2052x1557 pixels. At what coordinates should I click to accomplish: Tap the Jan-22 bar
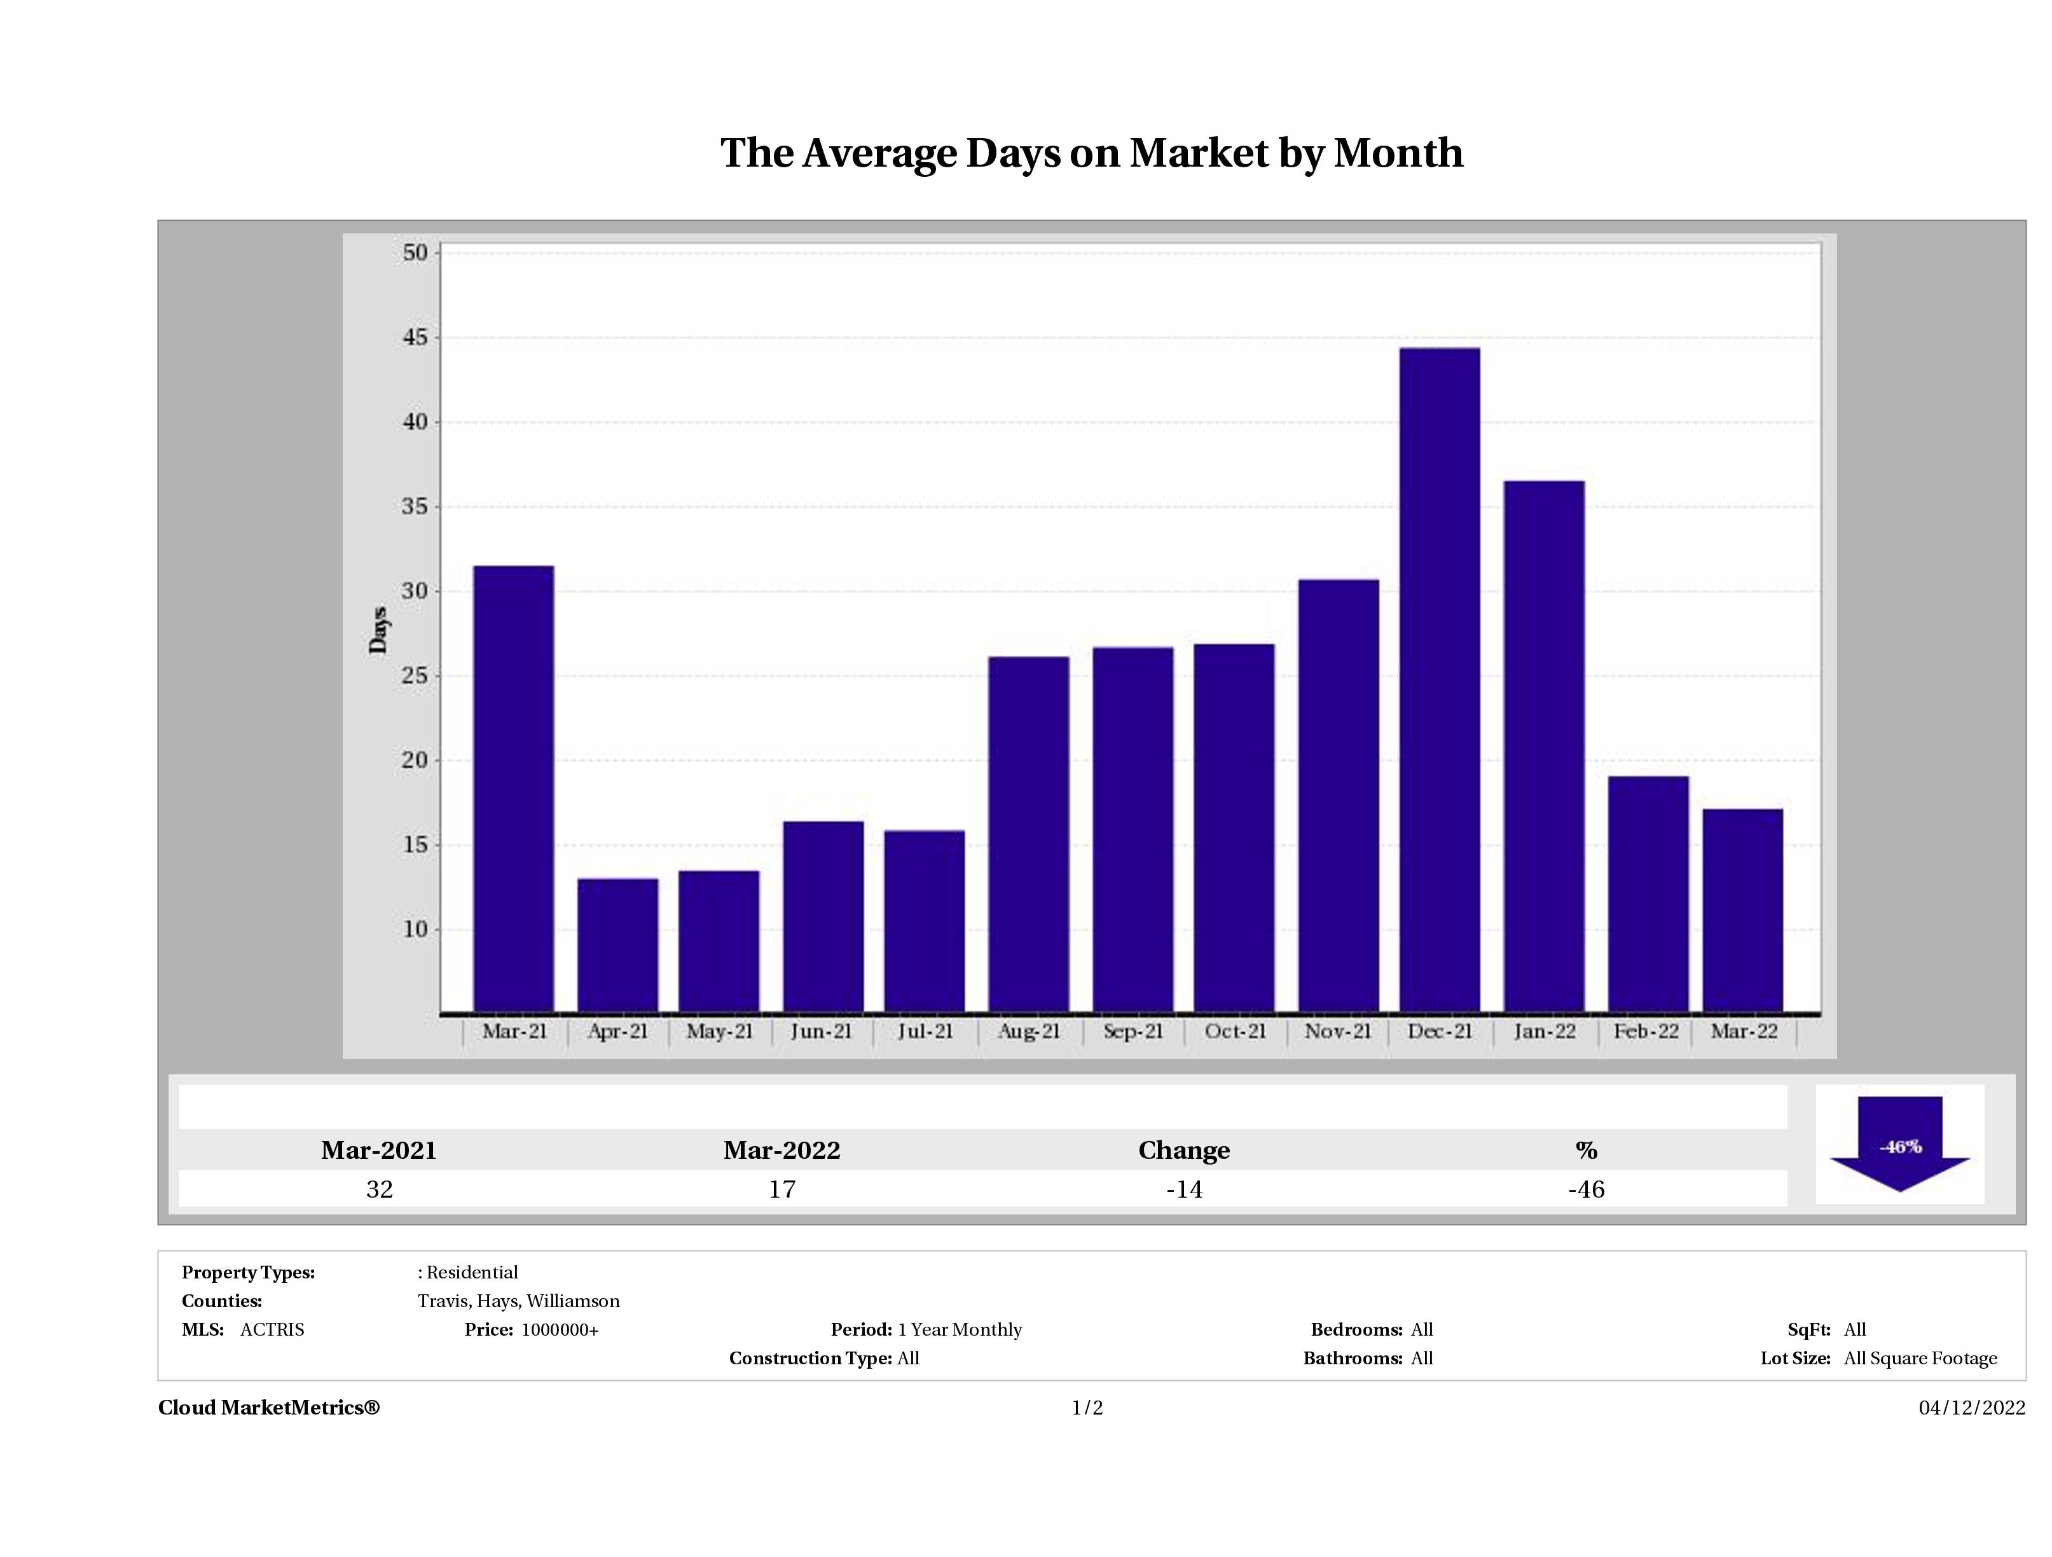tap(1545, 746)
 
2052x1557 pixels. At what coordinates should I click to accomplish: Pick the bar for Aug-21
tap(1029, 834)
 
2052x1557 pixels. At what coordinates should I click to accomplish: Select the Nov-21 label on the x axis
tap(1338, 1032)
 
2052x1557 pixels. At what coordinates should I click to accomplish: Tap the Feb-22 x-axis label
tap(1646, 1032)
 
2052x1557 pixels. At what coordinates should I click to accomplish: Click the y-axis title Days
tap(378, 630)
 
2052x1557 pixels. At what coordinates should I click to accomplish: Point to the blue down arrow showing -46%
tap(1900, 1145)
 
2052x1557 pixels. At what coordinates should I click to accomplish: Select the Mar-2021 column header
tap(378, 1151)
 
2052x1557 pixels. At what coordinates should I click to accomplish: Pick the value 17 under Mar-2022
tap(782, 1189)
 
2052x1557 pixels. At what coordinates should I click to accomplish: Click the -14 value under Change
tap(1184, 1189)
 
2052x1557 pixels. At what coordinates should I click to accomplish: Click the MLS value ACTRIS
tap(272, 1330)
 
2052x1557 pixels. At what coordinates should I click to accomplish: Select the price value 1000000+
tap(560, 1330)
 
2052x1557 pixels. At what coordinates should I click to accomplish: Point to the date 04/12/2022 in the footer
tap(1971, 1408)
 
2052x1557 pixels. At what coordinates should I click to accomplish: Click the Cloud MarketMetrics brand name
tap(269, 1408)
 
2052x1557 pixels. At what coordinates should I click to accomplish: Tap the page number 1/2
tap(1087, 1408)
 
